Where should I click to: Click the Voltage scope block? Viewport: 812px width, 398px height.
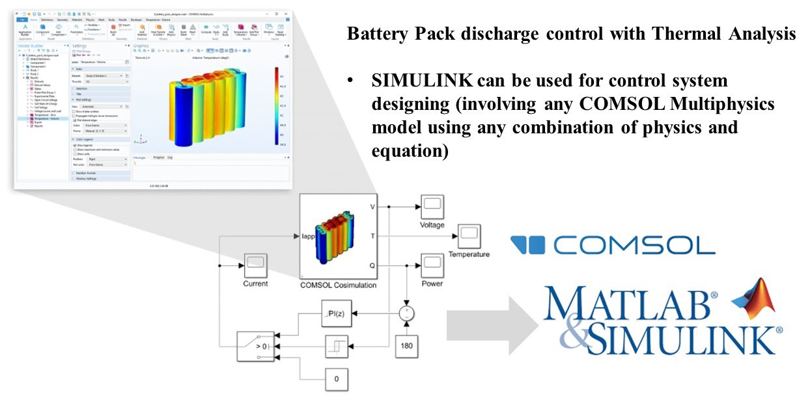[431, 207]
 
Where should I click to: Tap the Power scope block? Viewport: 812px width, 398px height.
[431, 265]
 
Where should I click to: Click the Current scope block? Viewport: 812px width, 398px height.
[255, 266]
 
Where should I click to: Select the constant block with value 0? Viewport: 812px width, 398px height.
[336, 378]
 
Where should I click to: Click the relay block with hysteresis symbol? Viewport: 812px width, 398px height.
[336, 345]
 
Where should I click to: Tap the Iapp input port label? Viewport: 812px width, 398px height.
[309, 237]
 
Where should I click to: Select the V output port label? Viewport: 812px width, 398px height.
[372, 207]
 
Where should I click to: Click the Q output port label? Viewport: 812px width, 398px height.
[372, 265]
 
